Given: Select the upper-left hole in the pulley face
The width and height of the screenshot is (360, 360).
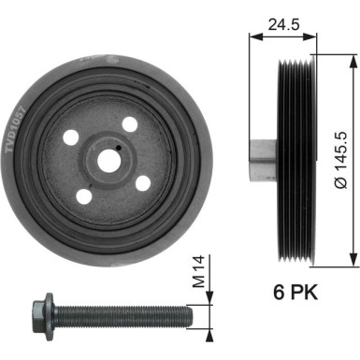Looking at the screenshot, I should pyautogui.click(x=71, y=137).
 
